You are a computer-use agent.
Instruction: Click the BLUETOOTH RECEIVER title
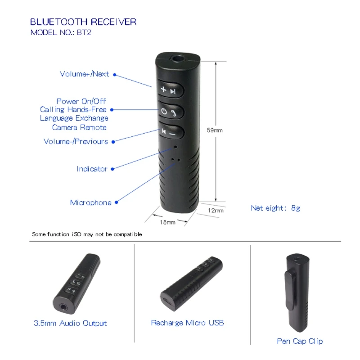[x=83, y=22]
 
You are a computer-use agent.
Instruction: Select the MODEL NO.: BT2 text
[x=61, y=32]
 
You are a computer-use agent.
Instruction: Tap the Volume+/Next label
[x=84, y=74]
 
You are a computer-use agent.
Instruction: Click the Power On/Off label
[x=81, y=101]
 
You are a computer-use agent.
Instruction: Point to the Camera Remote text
[x=79, y=127]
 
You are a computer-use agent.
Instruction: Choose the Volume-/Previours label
[x=76, y=141]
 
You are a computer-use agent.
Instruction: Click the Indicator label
[x=92, y=169]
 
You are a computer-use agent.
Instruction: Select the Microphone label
[x=90, y=202]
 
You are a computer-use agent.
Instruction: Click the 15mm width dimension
[x=167, y=222]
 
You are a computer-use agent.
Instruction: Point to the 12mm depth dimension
[x=216, y=210]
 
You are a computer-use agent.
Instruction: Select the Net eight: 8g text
[x=275, y=208]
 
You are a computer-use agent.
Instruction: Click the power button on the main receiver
[x=170, y=112]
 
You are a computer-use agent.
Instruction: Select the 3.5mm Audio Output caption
[x=70, y=323]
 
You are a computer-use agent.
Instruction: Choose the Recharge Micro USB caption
[x=187, y=323]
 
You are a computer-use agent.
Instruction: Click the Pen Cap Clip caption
[x=300, y=341]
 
